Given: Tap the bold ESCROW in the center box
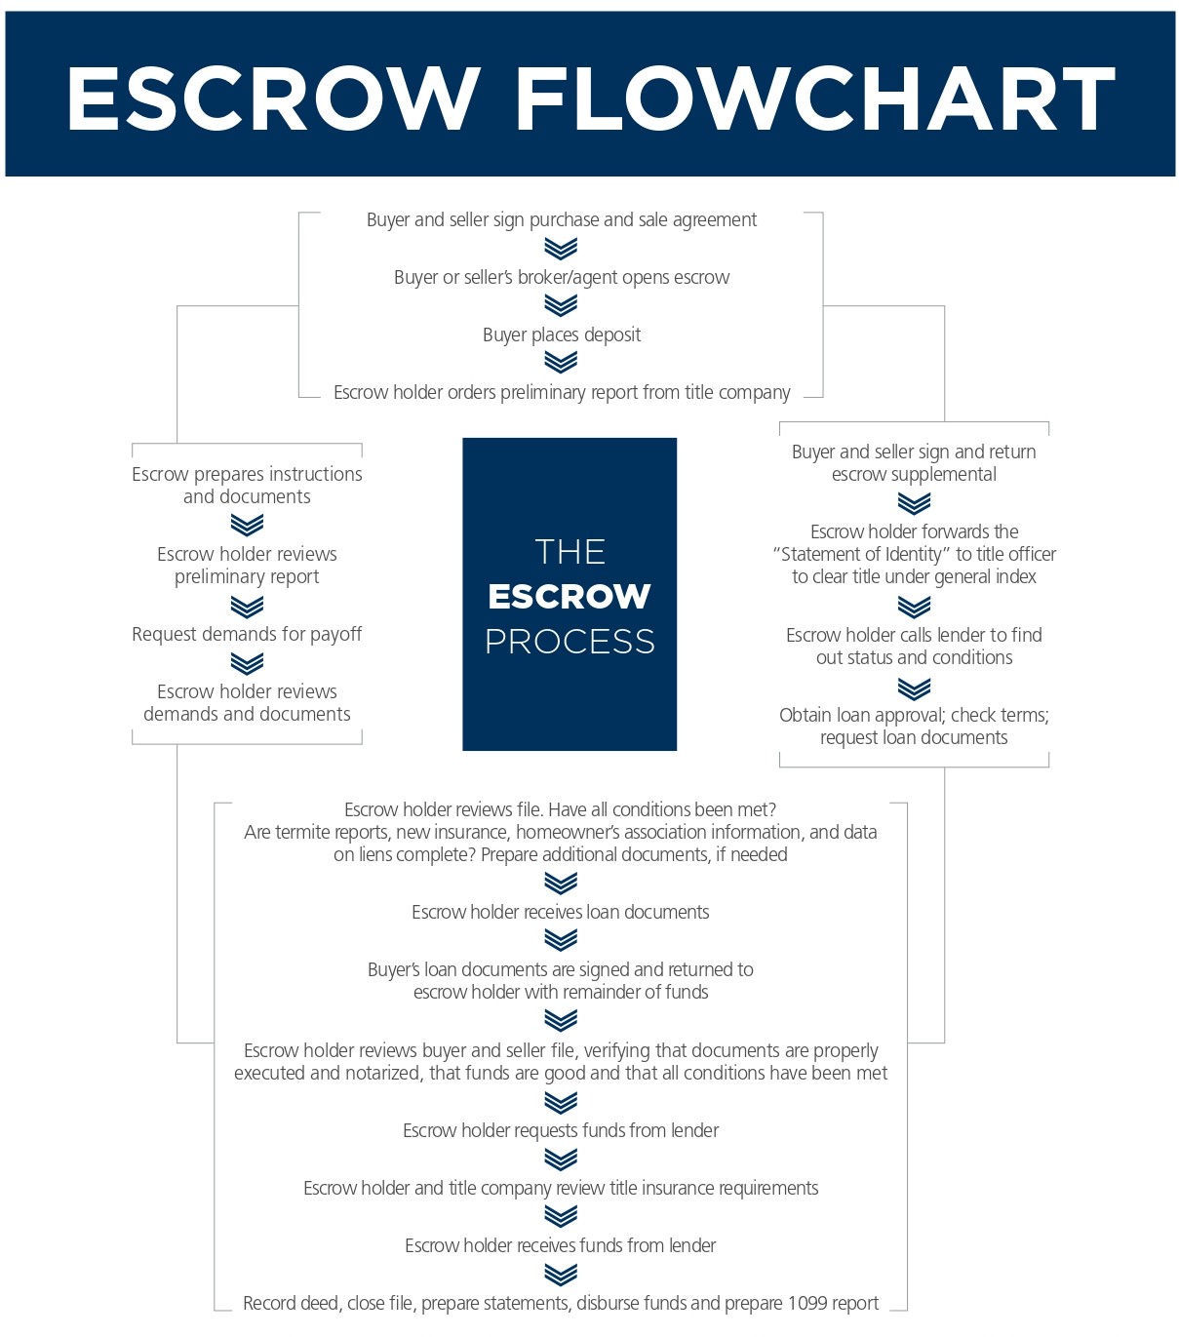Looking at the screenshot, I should click(x=570, y=596).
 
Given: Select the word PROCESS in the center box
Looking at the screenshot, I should click(x=570, y=641).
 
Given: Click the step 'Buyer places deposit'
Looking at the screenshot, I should click(x=562, y=334).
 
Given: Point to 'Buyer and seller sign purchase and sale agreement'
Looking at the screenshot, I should click(x=562, y=219).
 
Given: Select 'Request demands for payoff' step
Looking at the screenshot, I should click(x=247, y=634).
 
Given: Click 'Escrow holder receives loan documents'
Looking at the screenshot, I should click(x=561, y=912).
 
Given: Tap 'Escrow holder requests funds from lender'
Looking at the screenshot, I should click(x=561, y=1130).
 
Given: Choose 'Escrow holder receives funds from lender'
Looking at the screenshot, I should click(x=561, y=1245).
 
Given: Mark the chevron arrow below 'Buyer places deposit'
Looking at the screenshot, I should click(x=561, y=363).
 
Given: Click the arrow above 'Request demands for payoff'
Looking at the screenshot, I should click(x=247, y=607).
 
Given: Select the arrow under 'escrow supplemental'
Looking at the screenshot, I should click(x=914, y=503).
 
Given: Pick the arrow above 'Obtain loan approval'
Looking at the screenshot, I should click(x=914, y=688).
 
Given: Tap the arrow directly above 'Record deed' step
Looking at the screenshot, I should click(x=561, y=1274).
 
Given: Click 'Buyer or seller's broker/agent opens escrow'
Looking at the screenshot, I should click(x=562, y=277).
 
